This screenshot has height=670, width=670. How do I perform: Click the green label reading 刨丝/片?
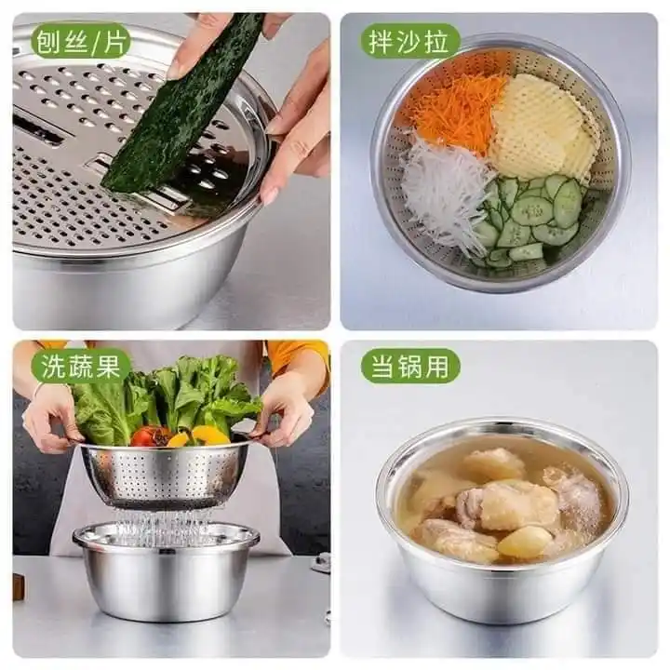pyautogui.click(x=81, y=41)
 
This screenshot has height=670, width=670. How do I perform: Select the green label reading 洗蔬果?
pyautogui.click(x=81, y=366)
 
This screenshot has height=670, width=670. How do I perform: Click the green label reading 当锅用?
pyautogui.click(x=410, y=366)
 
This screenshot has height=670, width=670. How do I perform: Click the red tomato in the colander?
pyautogui.click(x=147, y=435)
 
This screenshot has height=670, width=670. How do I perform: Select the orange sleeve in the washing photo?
pyautogui.click(x=298, y=353)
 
